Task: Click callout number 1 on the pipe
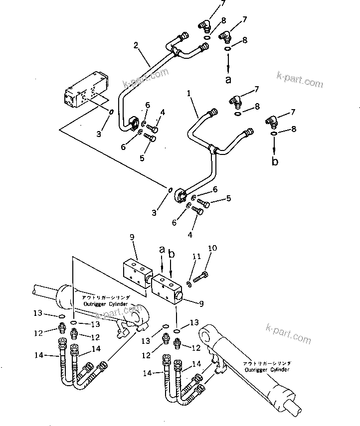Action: (x=189, y=93)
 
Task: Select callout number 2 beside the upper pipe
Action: (x=135, y=45)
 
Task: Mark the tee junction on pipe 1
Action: (x=213, y=147)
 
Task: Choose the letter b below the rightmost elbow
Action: (x=275, y=161)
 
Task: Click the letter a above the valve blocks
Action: (x=162, y=249)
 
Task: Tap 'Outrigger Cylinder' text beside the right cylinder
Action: (x=267, y=370)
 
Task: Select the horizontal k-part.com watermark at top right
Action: (x=300, y=81)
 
